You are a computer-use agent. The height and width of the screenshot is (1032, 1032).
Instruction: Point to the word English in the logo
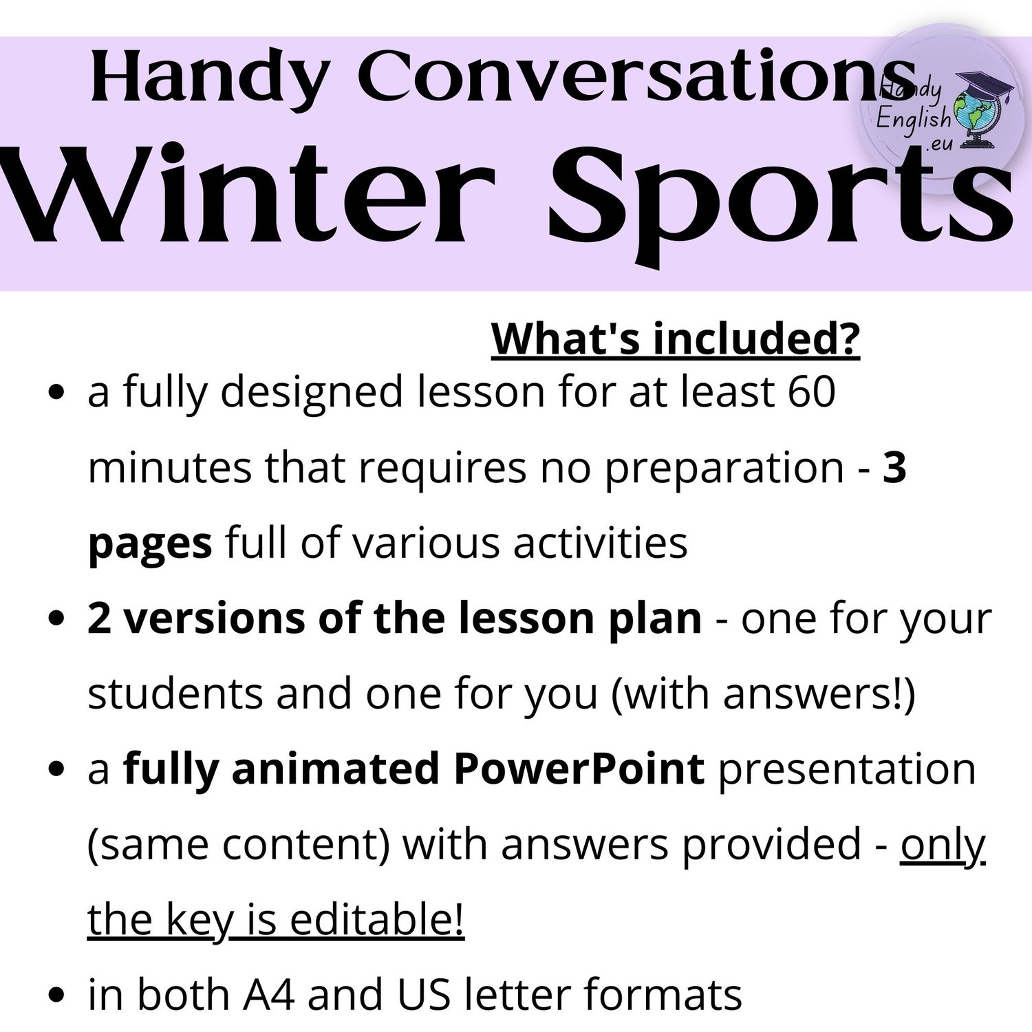click(913, 120)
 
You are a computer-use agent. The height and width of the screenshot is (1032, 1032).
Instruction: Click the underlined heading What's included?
click(676, 339)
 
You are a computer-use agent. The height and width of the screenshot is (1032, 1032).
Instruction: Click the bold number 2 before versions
click(100, 619)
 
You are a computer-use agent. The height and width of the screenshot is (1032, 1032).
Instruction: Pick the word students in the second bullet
click(175, 694)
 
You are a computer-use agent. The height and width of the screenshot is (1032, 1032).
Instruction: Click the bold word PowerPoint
click(579, 768)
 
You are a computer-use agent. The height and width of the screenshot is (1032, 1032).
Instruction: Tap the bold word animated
click(336, 768)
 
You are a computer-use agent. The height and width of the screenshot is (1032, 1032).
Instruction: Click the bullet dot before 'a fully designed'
click(58, 394)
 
